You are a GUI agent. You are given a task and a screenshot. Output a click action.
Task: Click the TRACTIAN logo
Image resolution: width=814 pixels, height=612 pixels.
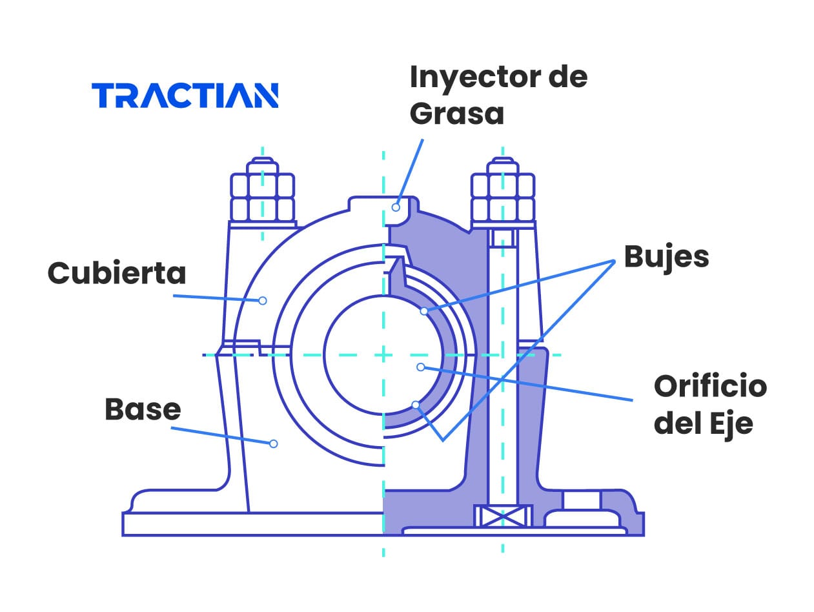click(x=185, y=95)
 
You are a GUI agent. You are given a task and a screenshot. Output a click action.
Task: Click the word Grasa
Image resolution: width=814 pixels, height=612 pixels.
click(x=456, y=114)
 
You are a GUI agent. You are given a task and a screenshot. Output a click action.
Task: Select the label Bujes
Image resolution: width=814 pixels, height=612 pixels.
click(x=666, y=257)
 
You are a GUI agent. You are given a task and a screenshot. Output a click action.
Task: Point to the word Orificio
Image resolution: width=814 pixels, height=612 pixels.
click(x=710, y=387)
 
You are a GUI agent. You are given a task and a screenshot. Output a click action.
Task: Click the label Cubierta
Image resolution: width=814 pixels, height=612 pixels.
click(x=117, y=273)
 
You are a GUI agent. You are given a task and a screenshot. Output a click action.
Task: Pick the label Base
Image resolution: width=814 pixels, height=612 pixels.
click(x=143, y=409)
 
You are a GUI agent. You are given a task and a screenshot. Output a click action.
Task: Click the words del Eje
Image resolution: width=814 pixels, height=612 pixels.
click(x=703, y=424)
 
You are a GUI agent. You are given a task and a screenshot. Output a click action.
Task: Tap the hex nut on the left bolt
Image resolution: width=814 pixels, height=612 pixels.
click(x=263, y=197)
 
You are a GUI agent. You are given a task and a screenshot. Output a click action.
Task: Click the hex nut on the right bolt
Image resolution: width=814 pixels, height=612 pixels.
click(x=503, y=197)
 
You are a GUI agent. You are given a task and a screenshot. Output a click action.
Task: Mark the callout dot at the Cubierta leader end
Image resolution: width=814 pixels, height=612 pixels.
click(x=263, y=300)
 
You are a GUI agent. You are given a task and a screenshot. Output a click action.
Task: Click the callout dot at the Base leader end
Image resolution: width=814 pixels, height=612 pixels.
click(x=273, y=444)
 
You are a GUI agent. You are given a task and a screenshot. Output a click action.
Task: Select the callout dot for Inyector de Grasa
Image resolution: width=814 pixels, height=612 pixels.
click(x=396, y=207)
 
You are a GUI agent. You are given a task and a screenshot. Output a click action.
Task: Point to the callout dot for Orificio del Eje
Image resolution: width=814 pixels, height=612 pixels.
click(x=420, y=367)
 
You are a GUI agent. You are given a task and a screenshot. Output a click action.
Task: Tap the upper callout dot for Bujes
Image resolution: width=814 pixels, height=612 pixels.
click(x=424, y=311)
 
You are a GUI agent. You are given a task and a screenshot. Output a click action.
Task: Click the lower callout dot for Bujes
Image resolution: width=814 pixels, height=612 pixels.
click(x=416, y=405)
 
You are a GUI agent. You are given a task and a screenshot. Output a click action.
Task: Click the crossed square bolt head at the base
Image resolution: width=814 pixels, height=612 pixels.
click(x=504, y=516)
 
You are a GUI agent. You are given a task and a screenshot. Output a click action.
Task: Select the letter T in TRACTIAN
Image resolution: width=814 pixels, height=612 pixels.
click(x=103, y=95)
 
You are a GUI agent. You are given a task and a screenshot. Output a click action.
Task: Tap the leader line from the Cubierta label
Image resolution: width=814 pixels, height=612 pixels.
click(x=216, y=298)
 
